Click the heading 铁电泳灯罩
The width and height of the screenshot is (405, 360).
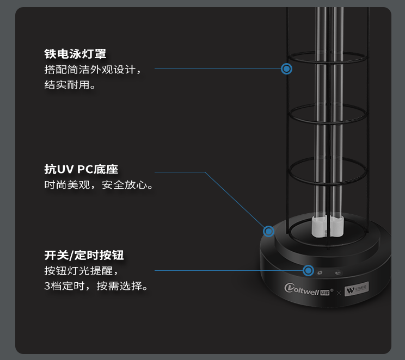click(75, 54)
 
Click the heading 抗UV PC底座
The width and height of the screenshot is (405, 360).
click(81, 169)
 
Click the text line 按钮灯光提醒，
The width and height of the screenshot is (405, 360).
click(81, 270)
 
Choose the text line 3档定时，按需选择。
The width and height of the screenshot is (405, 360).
click(96, 285)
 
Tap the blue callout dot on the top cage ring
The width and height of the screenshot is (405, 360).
click(287, 69)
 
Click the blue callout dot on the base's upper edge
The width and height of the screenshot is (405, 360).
click(268, 231)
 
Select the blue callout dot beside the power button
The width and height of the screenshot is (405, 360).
click(309, 270)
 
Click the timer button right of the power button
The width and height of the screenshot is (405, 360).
click(338, 273)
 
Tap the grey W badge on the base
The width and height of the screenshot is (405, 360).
click(357, 287)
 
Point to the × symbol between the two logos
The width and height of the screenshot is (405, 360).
click(339, 293)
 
